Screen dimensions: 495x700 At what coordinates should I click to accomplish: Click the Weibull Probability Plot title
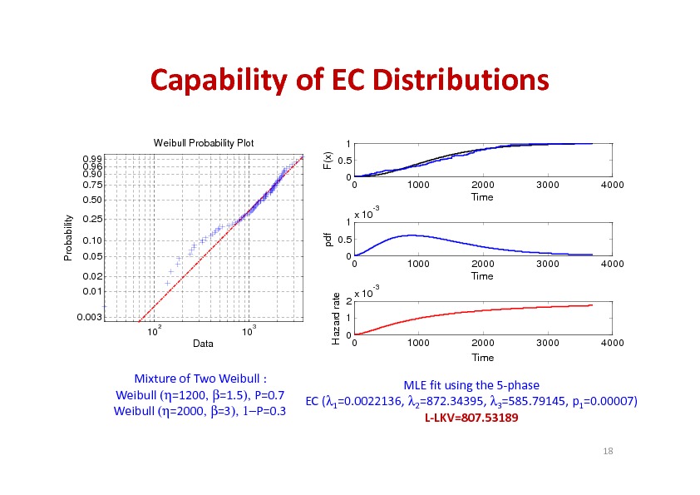click(x=204, y=143)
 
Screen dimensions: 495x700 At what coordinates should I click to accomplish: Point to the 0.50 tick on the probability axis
click(x=92, y=200)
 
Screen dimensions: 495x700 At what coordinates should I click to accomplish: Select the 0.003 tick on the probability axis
click(x=91, y=318)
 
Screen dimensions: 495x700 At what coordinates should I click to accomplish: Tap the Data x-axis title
click(x=203, y=343)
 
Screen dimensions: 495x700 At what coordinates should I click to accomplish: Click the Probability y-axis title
click(x=69, y=237)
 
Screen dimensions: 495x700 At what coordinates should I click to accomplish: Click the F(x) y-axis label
click(x=328, y=162)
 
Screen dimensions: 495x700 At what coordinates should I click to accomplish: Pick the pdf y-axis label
click(x=328, y=240)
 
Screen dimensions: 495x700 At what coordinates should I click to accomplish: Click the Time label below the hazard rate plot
click(x=482, y=358)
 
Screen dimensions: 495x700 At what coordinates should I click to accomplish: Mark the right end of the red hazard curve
click(x=592, y=305)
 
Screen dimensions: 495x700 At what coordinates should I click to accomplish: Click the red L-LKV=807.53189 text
click(x=471, y=417)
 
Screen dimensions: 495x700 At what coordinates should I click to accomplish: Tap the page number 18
click(x=608, y=450)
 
